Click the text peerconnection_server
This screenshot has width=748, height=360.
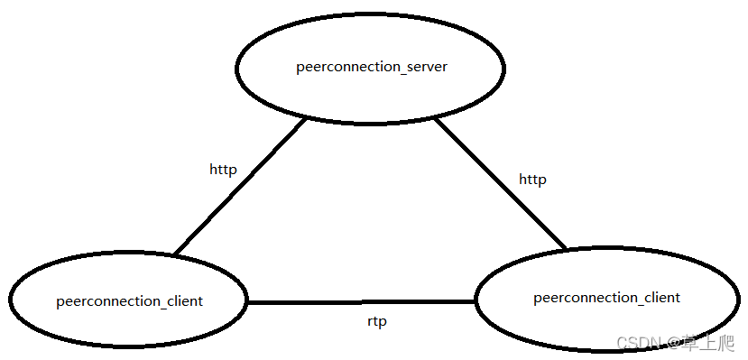click(372, 68)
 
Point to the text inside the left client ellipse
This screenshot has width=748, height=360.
click(129, 301)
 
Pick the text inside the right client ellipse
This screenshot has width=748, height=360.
click(606, 298)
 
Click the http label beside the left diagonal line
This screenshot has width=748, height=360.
click(223, 169)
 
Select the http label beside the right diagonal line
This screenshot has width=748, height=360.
click(532, 180)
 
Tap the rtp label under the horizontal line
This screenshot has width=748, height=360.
click(377, 321)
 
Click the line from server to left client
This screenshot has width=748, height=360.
click(239, 188)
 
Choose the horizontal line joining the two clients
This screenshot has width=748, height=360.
click(361, 302)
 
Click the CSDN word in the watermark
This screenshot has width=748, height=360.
click(635, 342)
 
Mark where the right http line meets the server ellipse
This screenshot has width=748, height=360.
click(435, 118)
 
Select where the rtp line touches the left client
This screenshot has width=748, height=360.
click(248, 302)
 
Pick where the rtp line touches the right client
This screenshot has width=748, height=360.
click(476, 302)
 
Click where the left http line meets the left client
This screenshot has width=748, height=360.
click(175, 254)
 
